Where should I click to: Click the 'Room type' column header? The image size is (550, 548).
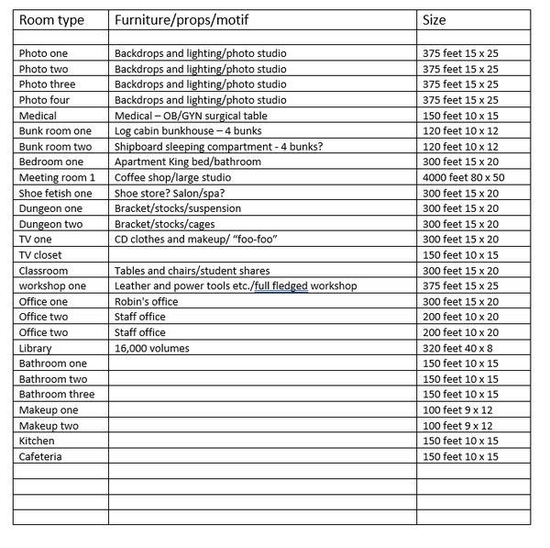click(x=51, y=20)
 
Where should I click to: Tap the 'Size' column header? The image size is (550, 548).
click(x=434, y=20)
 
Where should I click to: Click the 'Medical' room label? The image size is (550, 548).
click(x=38, y=116)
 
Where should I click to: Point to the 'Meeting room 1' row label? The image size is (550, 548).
click(x=57, y=177)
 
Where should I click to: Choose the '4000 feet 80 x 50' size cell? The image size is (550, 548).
click(x=464, y=177)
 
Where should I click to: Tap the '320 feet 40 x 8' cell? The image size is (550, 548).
click(x=459, y=348)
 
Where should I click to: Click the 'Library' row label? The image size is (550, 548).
click(x=36, y=348)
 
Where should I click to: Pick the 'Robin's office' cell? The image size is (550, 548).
click(x=146, y=301)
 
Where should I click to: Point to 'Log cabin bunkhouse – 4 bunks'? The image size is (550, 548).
click(x=189, y=131)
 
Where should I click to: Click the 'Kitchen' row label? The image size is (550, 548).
click(x=38, y=441)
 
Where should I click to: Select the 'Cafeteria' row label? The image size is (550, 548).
click(x=40, y=456)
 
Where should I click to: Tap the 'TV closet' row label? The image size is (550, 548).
click(x=41, y=254)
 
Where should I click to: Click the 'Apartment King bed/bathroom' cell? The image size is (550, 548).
click(x=188, y=162)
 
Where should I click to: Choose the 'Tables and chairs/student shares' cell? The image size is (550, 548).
click(x=192, y=271)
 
